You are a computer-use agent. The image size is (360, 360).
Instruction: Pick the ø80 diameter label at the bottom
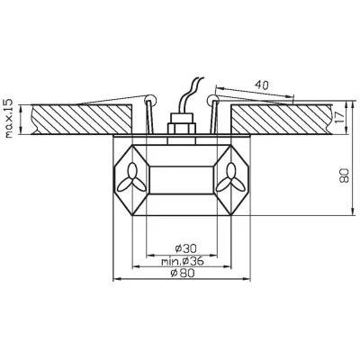[x=180, y=274]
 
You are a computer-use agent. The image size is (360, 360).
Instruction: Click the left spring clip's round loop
[x=148, y=98]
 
